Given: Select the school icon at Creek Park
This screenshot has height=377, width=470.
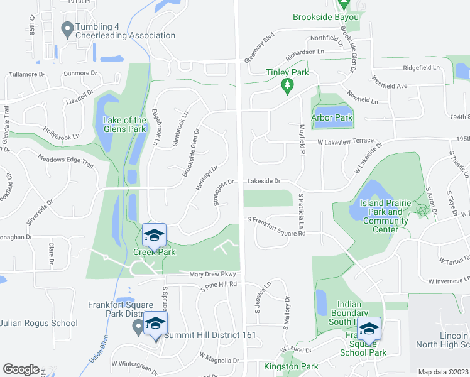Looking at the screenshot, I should pos(153,236).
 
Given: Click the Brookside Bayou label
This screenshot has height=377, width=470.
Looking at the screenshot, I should pos(325,17).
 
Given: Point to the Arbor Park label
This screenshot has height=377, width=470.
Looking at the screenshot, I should pos(332,117).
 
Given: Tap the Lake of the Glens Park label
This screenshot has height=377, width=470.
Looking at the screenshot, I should pos(126,124).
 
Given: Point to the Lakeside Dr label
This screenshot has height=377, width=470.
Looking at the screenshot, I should pos(263,181).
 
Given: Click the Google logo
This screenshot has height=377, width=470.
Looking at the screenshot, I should pos(21,369).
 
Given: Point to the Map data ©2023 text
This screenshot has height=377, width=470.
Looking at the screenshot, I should pos(443,372).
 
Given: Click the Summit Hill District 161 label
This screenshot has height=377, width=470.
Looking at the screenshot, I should pos(210,335).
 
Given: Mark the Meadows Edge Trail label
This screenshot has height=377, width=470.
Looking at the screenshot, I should pos(65,161).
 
